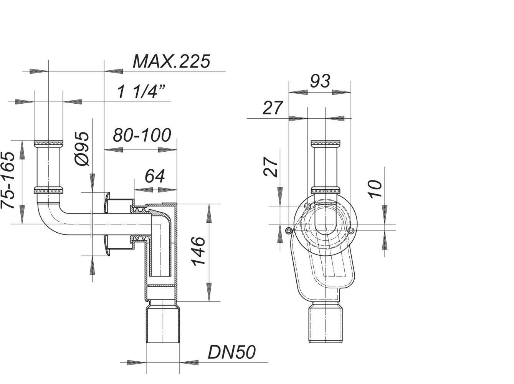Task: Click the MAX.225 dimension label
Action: point(172,61)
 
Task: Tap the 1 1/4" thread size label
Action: point(141,92)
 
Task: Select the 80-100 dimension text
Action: point(142,135)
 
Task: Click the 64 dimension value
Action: point(155,176)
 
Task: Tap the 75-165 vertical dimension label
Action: point(8,180)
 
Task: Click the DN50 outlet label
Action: point(231,353)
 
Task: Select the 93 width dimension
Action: point(320,81)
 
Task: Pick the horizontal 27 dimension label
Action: point(273,108)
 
